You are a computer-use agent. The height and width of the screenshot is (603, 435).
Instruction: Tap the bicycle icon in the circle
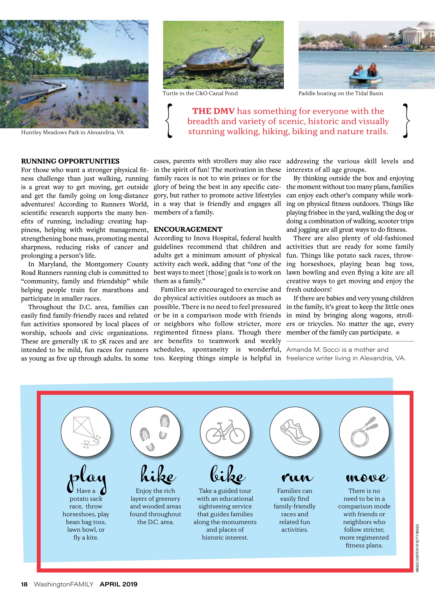[225, 432]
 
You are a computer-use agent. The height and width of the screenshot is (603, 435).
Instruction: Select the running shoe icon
[295, 432]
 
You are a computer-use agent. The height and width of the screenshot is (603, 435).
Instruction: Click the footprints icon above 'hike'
[155, 432]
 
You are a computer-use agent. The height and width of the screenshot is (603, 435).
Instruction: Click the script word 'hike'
[158, 475]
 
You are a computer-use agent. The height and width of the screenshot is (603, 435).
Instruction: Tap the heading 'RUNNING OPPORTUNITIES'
[70, 161]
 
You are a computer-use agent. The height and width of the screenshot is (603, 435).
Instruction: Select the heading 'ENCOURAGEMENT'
[188, 229]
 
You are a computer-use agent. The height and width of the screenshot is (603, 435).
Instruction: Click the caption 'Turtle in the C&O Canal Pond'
[200, 93]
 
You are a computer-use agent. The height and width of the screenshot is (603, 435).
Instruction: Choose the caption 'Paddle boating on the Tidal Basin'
[341, 93]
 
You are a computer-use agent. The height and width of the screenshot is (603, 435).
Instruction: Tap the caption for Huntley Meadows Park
[72, 132]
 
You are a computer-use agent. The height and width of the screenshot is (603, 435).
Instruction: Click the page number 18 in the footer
[24, 584]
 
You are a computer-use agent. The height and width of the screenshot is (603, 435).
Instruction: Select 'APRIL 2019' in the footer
[119, 584]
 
